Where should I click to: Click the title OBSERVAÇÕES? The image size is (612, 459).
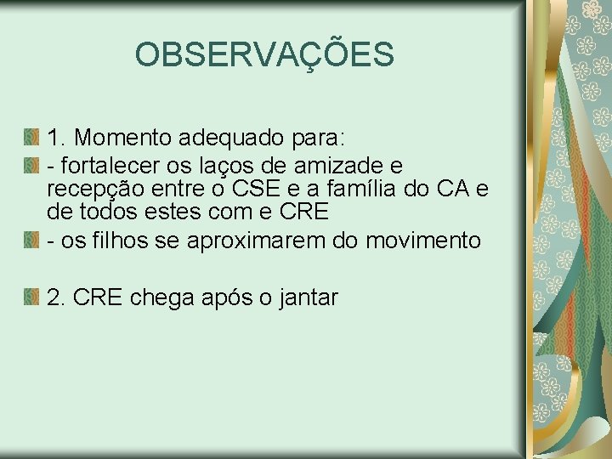(264, 55)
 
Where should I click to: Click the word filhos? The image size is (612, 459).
(121, 241)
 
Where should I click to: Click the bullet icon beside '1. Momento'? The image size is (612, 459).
(31, 136)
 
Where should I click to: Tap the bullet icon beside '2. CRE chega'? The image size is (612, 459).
(31, 297)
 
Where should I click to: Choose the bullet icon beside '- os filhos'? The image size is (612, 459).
(31, 240)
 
